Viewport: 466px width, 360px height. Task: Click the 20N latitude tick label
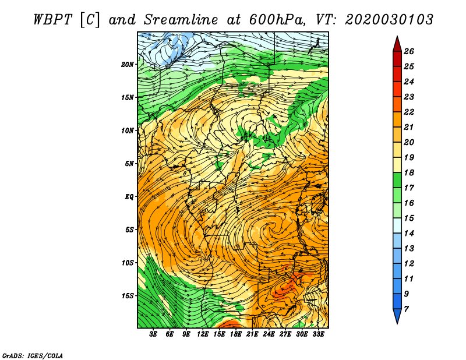pyautogui.click(x=128, y=65)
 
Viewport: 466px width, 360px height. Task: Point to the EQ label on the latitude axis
pyautogui.click(x=129, y=197)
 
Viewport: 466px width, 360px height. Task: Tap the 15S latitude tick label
pyautogui.click(x=128, y=296)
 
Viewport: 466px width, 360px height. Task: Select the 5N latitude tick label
pyautogui.click(x=129, y=164)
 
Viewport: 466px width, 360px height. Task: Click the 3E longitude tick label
pyautogui.click(x=153, y=334)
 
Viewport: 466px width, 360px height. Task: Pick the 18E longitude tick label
pyautogui.click(x=236, y=334)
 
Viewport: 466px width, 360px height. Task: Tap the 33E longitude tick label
pyautogui.click(x=318, y=334)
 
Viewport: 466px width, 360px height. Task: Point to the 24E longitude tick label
pyautogui.click(x=269, y=334)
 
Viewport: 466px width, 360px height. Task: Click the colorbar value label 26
pyautogui.click(x=409, y=51)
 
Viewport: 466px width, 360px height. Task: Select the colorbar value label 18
pyautogui.click(x=409, y=172)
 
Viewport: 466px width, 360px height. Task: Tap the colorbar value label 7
pyautogui.click(x=406, y=309)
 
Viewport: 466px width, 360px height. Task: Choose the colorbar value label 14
pyautogui.click(x=409, y=234)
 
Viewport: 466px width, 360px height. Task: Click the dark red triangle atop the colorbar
pyautogui.click(x=397, y=45)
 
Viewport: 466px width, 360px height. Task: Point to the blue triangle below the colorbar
pyautogui.click(x=397, y=315)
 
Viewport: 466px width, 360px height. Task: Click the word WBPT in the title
pyautogui.click(x=53, y=20)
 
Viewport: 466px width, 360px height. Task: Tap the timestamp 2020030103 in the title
pyautogui.click(x=389, y=20)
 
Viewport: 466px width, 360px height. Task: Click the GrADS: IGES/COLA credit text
pyautogui.click(x=33, y=356)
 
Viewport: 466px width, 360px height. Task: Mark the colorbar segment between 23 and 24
pyautogui.click(x=397, y=89)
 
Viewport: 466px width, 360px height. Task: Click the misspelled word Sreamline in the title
pyautogui.click(x=181, y=20)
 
